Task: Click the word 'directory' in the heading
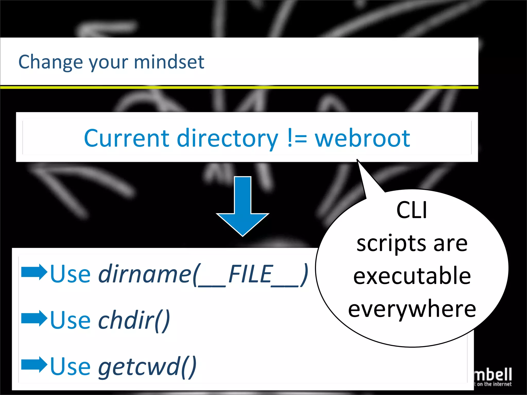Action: click(227, 139)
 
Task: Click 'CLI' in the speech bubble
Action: click(412, 210)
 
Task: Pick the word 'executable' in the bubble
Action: click(412, 276)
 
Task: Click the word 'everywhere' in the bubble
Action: click(412, 309)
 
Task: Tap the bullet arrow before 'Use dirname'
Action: click(34, 272)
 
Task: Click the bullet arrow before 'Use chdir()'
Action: click(34, 318)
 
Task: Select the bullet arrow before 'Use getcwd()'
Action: click(34, 365)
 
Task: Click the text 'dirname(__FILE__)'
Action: click(203, 274)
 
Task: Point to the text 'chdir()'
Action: click(134, 320)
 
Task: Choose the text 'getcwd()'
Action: click(147, 367)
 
